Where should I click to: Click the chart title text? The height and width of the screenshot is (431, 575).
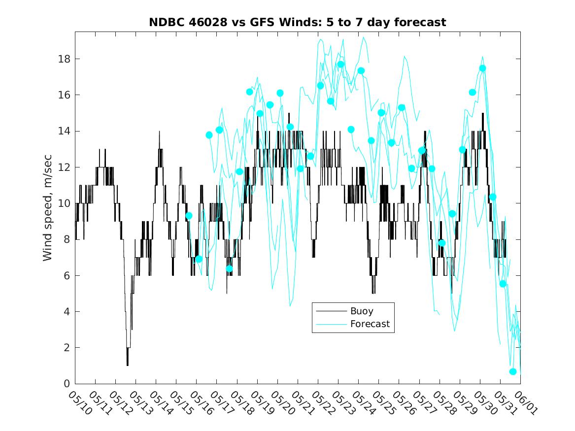[298, 22]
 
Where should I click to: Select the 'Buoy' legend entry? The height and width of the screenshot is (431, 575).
[362, 311]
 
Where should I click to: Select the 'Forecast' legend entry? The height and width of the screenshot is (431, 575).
[370, 324]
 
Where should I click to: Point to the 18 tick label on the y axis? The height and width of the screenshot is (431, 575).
[63, 59]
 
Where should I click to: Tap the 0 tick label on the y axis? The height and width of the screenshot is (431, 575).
[66, 384]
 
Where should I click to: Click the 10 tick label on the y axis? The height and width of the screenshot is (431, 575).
[63, 203]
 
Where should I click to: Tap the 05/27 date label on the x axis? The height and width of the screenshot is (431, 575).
[422, 403]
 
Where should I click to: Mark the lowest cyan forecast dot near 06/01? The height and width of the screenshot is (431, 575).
[512, 371]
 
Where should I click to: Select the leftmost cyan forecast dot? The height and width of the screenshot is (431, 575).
[189, 216]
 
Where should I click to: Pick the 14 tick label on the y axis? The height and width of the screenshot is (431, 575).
[63, 131]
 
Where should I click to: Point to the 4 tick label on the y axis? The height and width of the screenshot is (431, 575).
[66, 311]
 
